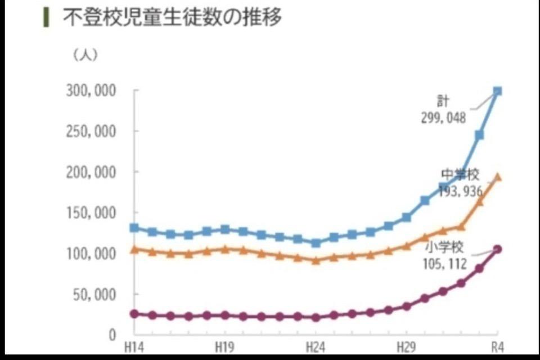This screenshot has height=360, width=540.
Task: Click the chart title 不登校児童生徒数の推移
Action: (x=172, y=17)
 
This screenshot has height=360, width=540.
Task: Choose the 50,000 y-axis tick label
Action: (x=94, y=295)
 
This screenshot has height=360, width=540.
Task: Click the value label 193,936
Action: (x=461, y=191)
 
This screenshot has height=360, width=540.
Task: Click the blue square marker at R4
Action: (x=497, y=91)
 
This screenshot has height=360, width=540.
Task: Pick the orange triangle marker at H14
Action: (x=134, y=249)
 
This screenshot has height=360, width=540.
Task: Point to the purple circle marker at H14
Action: (x=134, y=314)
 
